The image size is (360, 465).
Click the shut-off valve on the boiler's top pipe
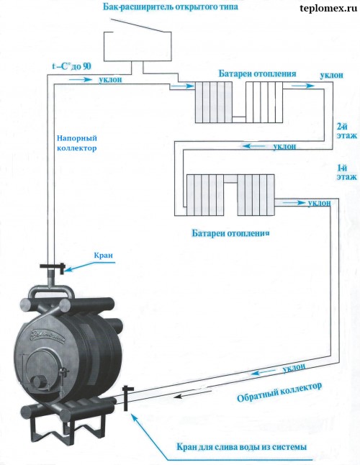coord(53,269)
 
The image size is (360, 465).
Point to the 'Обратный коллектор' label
coord(279,392)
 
